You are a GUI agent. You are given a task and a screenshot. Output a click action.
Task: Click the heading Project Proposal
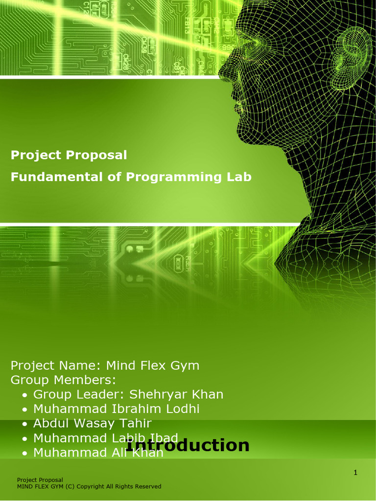coord(69,156)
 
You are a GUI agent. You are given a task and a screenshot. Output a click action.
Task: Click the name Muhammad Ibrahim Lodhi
coord(116,409)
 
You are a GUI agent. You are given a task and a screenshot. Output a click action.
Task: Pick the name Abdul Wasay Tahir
coord(92,424)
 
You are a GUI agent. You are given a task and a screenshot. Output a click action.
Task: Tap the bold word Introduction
coord(188,445)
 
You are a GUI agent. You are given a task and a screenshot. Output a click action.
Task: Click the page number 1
coord(356,473)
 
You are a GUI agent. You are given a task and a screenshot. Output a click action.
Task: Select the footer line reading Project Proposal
coord(40,480)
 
